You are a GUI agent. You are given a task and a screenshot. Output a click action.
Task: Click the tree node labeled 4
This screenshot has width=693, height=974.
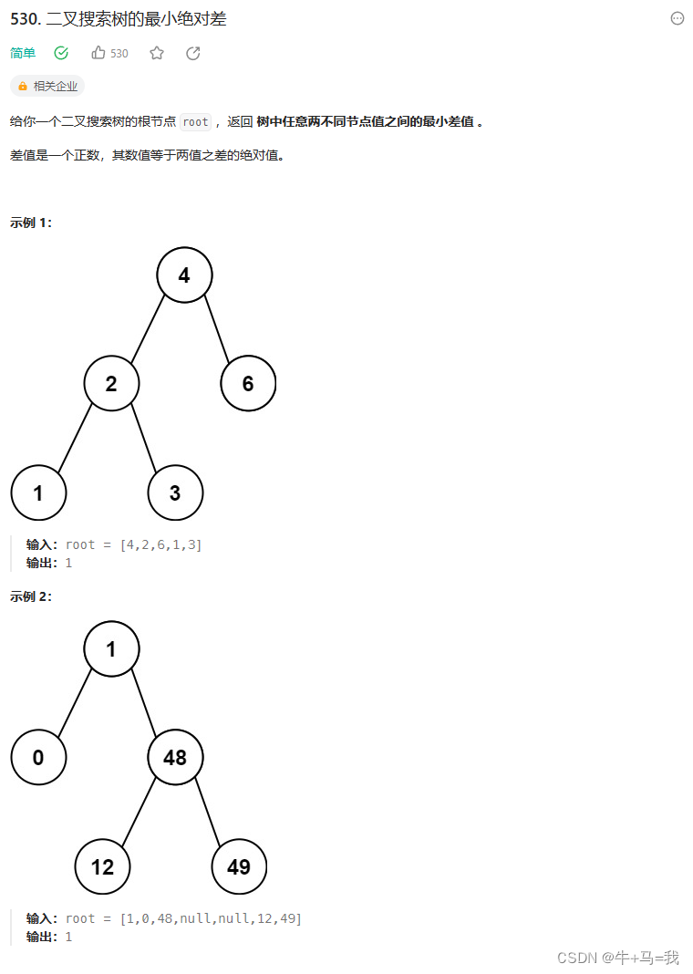184,275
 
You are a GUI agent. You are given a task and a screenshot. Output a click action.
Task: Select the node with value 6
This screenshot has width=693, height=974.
248,383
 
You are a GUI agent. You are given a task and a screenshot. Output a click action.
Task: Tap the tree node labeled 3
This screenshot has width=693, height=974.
175,492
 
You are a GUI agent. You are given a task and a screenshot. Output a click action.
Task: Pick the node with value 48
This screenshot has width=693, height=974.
175,757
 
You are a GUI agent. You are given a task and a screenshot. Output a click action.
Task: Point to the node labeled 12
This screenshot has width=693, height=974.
102,866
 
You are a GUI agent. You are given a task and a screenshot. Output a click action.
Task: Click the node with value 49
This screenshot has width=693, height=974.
239,866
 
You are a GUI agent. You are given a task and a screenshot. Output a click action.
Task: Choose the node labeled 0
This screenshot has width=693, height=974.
38,757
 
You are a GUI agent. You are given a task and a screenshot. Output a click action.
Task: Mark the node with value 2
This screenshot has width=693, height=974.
111,383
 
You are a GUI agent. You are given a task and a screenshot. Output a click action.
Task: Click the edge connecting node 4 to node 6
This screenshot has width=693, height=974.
216,328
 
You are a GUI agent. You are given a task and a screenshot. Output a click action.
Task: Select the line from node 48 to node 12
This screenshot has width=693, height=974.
139,812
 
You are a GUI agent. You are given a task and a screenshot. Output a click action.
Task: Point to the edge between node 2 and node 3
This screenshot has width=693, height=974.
143,438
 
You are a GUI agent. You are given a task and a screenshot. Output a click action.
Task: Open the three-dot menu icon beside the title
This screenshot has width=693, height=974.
677,18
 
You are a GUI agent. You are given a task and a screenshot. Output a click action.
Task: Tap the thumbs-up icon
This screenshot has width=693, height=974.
98,53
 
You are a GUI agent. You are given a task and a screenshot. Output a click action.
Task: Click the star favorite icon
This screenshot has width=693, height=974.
157,53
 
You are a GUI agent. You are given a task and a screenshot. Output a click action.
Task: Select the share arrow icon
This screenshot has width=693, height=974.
193,53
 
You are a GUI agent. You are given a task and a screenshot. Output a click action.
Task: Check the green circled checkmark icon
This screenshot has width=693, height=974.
61,53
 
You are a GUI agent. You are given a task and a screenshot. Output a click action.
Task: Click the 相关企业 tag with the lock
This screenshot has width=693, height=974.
47,86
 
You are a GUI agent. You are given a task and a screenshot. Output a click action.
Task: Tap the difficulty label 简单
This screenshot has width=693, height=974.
23,53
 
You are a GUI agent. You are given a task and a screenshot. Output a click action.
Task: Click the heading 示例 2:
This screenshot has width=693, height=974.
31,596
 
